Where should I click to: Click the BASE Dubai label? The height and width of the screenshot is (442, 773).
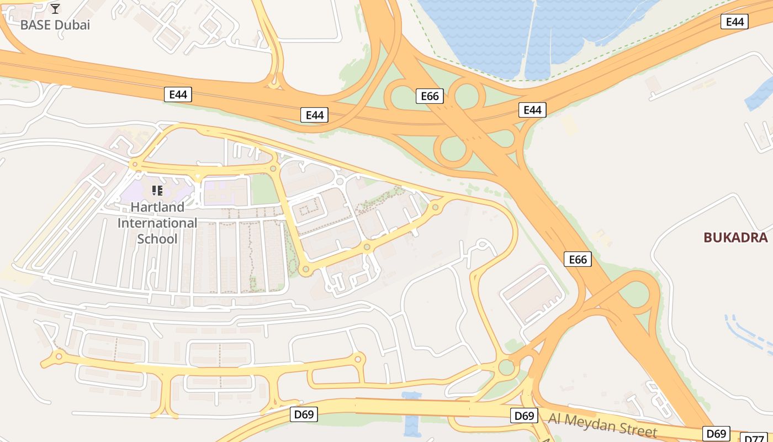pos(55,25)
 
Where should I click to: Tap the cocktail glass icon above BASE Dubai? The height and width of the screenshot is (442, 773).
pos(55,8)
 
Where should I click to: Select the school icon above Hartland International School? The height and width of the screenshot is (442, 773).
pos(157,191)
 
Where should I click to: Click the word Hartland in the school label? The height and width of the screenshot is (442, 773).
pos(157,207)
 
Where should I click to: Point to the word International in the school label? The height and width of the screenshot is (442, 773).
pos(157,223)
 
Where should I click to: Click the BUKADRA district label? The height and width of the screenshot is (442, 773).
pos(735,238)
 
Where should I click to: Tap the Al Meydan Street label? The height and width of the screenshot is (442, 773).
pos(602,425)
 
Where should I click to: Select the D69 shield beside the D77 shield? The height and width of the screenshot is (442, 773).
pos(717,433)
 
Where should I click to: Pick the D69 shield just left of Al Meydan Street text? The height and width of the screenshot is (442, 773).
pos(524,415)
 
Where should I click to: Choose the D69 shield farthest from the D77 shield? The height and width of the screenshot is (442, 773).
pos(304,414)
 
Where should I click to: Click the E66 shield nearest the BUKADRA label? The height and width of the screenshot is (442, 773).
pos(578,259)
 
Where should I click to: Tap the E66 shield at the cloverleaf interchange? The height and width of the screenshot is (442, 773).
pos(430,96)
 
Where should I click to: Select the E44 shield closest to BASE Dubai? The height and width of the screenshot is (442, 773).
pos(178,94)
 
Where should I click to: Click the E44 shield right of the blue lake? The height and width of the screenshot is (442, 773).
pos(734,22)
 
